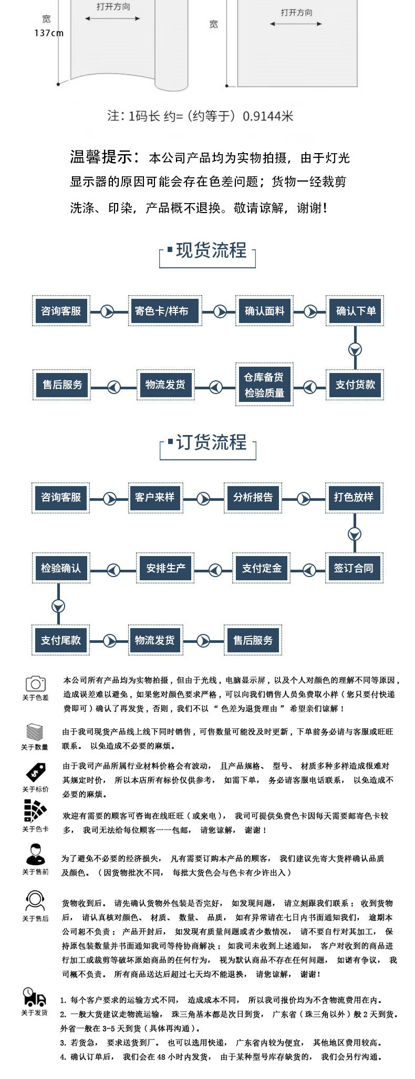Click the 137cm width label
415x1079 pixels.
click(49, 33)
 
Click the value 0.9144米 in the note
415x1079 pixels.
click(268, 116)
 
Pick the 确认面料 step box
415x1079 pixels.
click(264, 311)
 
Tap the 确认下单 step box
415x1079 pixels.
click(356, 311)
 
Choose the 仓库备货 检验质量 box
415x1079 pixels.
click(264, 385)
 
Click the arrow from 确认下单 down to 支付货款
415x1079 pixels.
click(355, 349)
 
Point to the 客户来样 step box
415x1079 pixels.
click(154, 497)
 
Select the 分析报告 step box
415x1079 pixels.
click(253, 497)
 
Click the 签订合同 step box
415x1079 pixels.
click(354, 568)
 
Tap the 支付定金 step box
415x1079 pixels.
click(262, 568)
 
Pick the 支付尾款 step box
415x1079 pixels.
click(61, 640)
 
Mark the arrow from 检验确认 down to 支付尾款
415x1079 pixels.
click(58, 606)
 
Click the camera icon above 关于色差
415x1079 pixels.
click(35, 683)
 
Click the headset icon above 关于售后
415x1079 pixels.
click(35, 901)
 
